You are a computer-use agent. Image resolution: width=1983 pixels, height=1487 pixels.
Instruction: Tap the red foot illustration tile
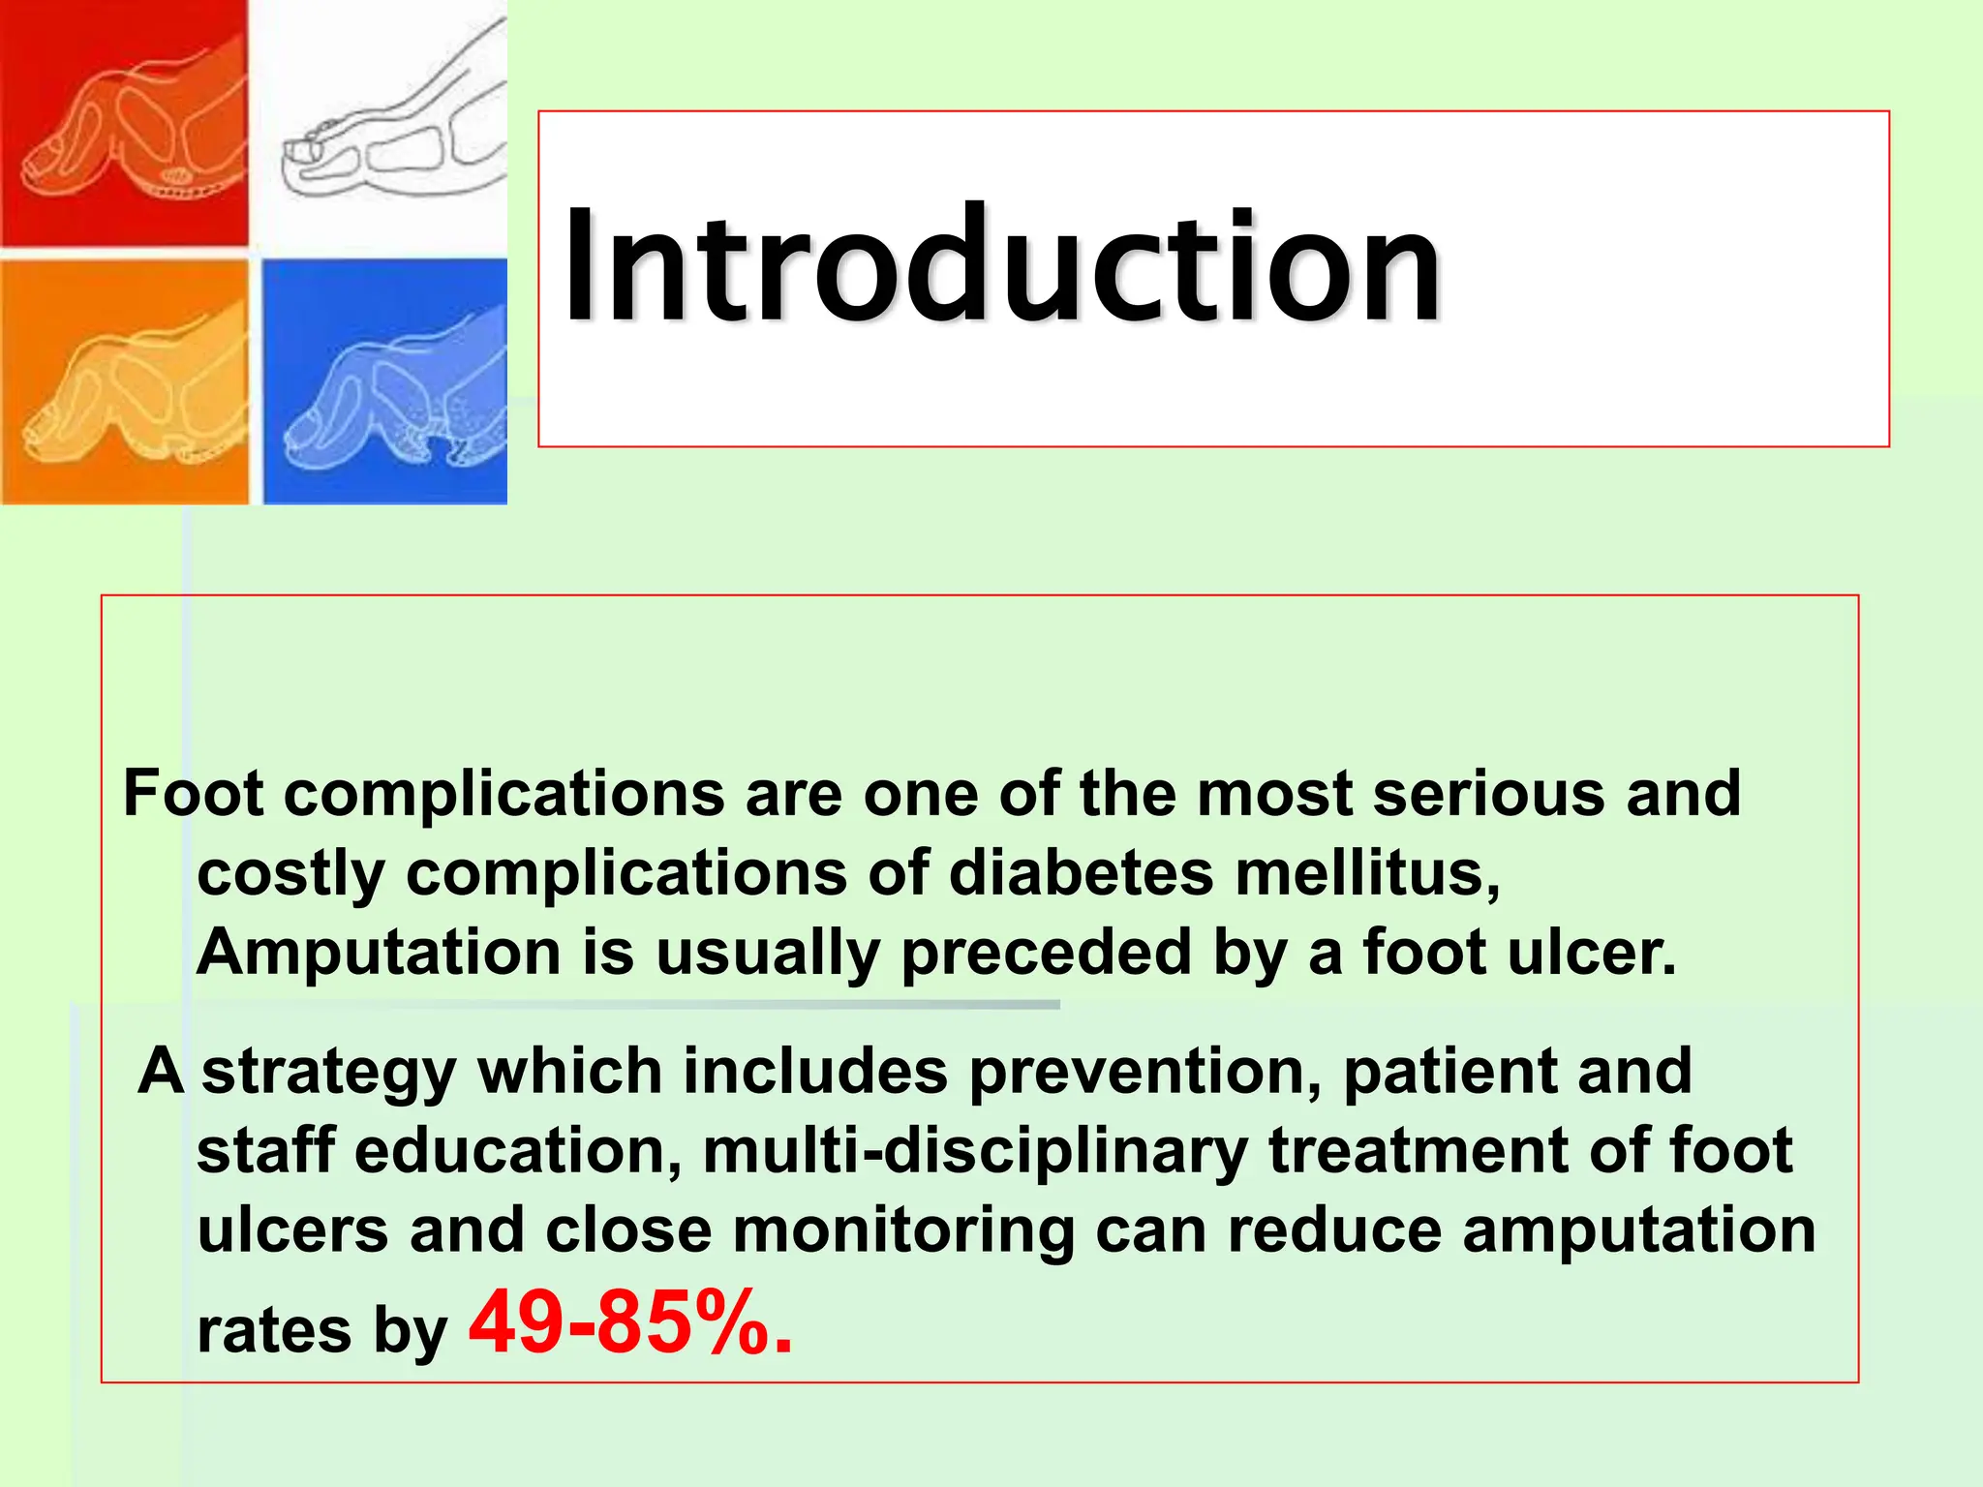[124, 123]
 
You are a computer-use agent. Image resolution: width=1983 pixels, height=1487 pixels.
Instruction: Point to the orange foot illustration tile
[124, 382]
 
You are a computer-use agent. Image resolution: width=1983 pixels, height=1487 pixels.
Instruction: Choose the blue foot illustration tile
[384, 382]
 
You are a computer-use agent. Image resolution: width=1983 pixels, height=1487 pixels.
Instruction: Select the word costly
[291, 874]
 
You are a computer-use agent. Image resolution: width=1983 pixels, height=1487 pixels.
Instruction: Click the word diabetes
[1081, 873]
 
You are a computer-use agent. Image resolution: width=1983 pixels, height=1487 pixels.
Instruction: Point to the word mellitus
[1367, 873]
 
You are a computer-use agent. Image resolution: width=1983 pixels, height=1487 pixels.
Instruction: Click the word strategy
[328, 1073]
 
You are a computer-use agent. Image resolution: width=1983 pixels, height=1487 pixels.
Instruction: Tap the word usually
[767, 954]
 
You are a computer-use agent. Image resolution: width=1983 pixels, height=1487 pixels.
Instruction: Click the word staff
[265, 1151]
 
